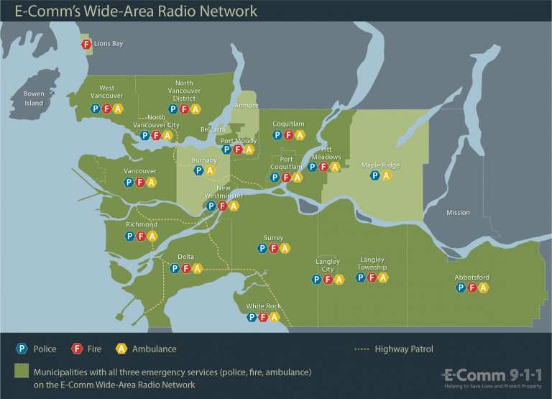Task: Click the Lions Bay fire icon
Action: click(86, 45)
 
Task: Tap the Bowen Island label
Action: click(34, 98)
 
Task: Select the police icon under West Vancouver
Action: click(96, 109)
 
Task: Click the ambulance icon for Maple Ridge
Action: click(386, 175)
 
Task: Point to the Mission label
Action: click(458, 213)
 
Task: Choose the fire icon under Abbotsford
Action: click(472, 288)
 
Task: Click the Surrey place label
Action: click(274, 238)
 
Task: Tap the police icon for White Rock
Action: click(252, 316)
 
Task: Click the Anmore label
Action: click(247, 106)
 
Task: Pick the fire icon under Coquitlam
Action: click(289, 134)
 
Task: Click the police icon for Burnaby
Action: click(199, 170)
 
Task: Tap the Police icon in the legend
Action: click(22, 349)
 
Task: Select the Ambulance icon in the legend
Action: click(122, 349)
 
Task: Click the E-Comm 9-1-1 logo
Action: click(492, 377)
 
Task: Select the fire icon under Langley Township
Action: click(372, 278)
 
